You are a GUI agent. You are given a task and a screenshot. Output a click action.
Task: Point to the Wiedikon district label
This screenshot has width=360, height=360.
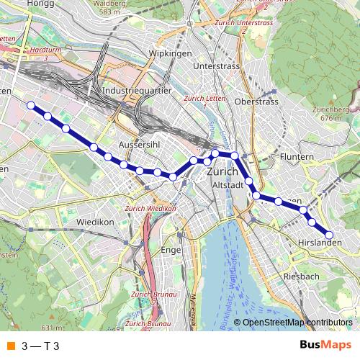(96, 222)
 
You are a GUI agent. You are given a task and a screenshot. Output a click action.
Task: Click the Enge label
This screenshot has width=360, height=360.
(171, 250)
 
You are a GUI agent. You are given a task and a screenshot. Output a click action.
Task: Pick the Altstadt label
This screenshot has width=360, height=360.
(229, 185)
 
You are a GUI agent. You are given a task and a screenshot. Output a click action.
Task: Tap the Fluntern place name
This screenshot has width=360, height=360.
(297, 156)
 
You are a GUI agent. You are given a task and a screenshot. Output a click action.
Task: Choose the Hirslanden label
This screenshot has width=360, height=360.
(319, 244)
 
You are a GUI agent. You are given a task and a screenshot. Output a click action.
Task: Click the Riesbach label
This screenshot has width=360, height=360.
(302, 276)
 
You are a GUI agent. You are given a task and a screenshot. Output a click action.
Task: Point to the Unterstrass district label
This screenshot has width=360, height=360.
(217, 66)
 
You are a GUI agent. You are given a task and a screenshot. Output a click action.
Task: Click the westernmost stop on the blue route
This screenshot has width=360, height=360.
(31, 106)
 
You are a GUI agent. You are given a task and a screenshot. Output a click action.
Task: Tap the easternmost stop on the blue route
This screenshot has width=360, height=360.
(330, 235)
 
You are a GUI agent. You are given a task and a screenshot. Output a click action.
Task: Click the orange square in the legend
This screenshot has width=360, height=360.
(11, 346)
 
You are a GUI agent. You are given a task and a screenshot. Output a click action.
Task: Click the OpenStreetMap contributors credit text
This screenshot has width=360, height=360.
(297, 323)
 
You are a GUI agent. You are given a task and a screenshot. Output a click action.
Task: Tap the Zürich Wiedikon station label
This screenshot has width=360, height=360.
(150, 209)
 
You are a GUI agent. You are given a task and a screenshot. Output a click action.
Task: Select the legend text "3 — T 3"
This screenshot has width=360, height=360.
(40, 346)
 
